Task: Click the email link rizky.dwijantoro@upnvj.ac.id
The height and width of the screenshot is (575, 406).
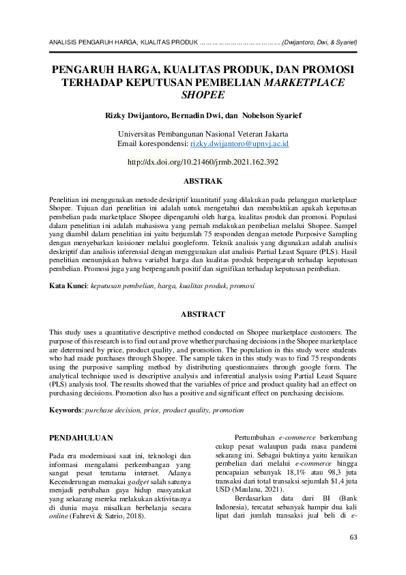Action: coord(240,145)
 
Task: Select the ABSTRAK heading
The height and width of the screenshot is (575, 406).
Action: coord(203,181)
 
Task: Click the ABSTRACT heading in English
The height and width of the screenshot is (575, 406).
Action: coord(203,314)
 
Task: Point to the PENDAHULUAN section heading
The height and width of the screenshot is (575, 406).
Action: coord(82,436)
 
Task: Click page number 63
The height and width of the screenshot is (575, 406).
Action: coord(353,538)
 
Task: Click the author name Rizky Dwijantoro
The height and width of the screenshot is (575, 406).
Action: coord(132,116)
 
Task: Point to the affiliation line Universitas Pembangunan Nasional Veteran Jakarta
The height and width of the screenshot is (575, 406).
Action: coord(203,135)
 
